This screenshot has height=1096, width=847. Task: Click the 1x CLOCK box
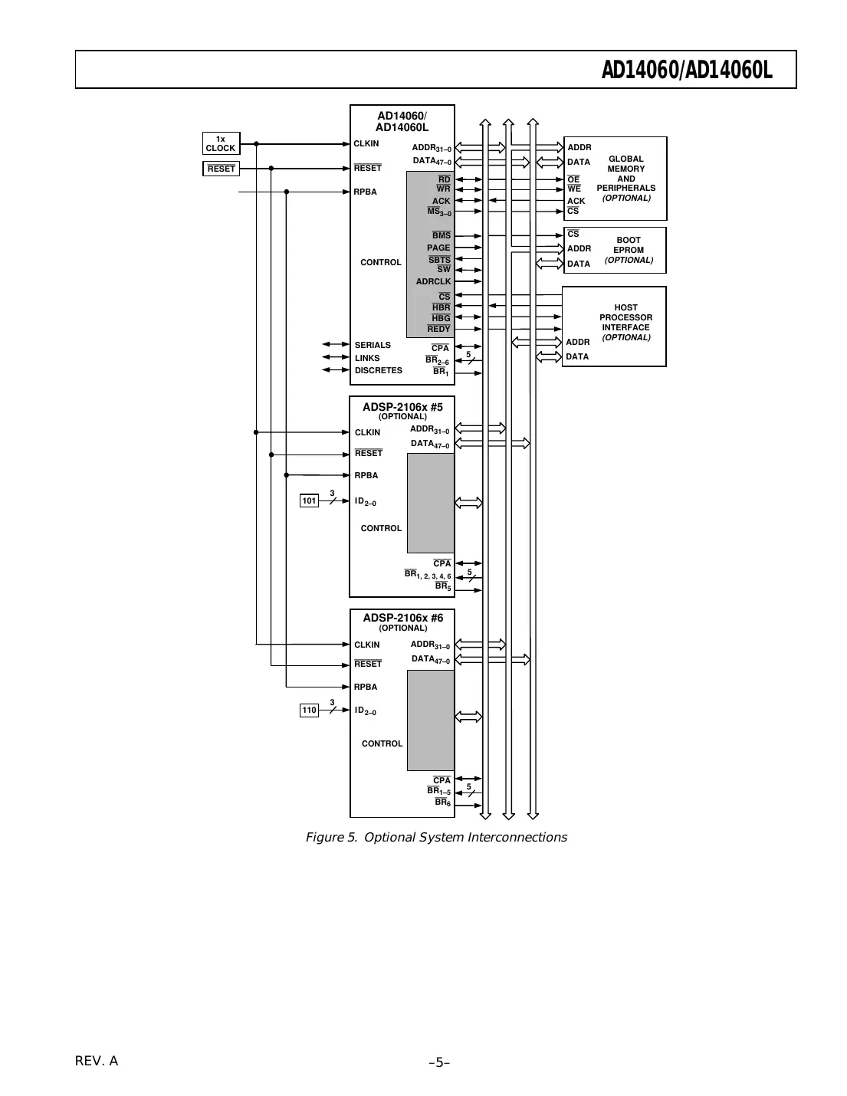(221, 143)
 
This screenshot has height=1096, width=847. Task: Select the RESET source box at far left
(221, 169)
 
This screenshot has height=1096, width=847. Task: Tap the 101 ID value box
(309, 500)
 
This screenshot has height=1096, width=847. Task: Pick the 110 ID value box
(309, 710)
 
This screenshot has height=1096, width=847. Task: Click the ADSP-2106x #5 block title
(402, 407)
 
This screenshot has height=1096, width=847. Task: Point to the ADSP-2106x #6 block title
(402, 618)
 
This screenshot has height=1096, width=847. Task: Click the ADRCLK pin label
(433, 281)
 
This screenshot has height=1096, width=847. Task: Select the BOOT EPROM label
(629, 245)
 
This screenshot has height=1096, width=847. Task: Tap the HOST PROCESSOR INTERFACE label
(625, 317)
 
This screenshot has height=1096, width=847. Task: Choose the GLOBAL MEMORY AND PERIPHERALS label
(625, 173)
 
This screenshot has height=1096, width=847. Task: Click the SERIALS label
(373, 345)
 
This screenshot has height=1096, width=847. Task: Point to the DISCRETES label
(378, 370)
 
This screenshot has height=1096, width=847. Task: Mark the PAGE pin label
(438, 248)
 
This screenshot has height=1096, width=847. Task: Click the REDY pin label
(438, 329)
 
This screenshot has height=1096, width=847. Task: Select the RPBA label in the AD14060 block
(366, 192)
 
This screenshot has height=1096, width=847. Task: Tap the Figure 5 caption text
(436, 837)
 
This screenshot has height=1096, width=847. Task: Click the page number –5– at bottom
(438, 1062)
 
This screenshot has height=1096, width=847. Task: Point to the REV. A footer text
(97, 1061)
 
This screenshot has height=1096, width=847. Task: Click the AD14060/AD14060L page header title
(687, 71)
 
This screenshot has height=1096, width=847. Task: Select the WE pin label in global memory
(574, 189)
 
